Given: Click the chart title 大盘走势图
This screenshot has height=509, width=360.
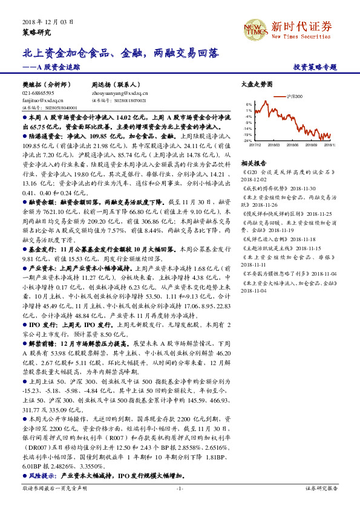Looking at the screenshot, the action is pos(253,86).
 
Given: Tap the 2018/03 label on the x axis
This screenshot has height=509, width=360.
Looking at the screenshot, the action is pos(275,144).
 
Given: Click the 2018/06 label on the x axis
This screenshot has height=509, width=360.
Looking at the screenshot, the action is pos(293,144).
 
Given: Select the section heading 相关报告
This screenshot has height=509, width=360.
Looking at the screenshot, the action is pos(253,163).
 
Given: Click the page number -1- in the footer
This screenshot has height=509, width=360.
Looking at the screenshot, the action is pos(180,488).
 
